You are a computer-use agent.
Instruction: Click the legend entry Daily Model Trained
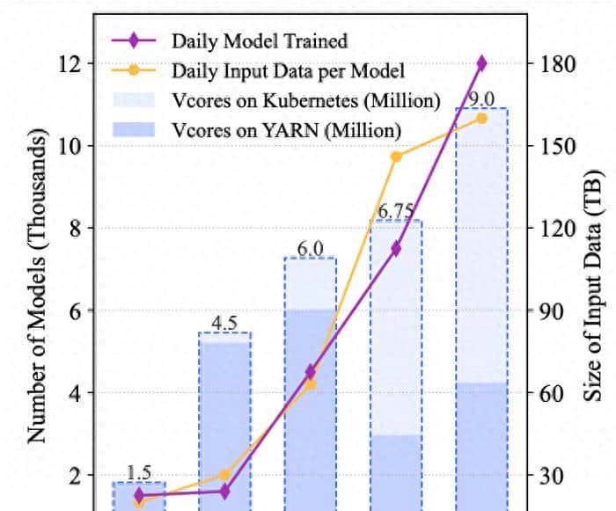(x=260, y=40)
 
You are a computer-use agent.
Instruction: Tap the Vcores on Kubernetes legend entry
(x=305, y=100)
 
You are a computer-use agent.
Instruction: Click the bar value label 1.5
(x=139, y=473)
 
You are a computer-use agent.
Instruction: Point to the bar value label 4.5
(x=224, y=323)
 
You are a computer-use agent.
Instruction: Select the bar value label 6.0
(x=310, y=248)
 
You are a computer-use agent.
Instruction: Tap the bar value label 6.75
(x=395, y=211)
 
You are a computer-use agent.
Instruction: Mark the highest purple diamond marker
(x=481, y=63)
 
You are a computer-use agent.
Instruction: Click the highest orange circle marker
(x=481, y=118)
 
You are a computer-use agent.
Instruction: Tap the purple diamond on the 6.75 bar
(x=396, y=249)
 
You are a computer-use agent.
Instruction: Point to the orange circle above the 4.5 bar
(x=224, y=475)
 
